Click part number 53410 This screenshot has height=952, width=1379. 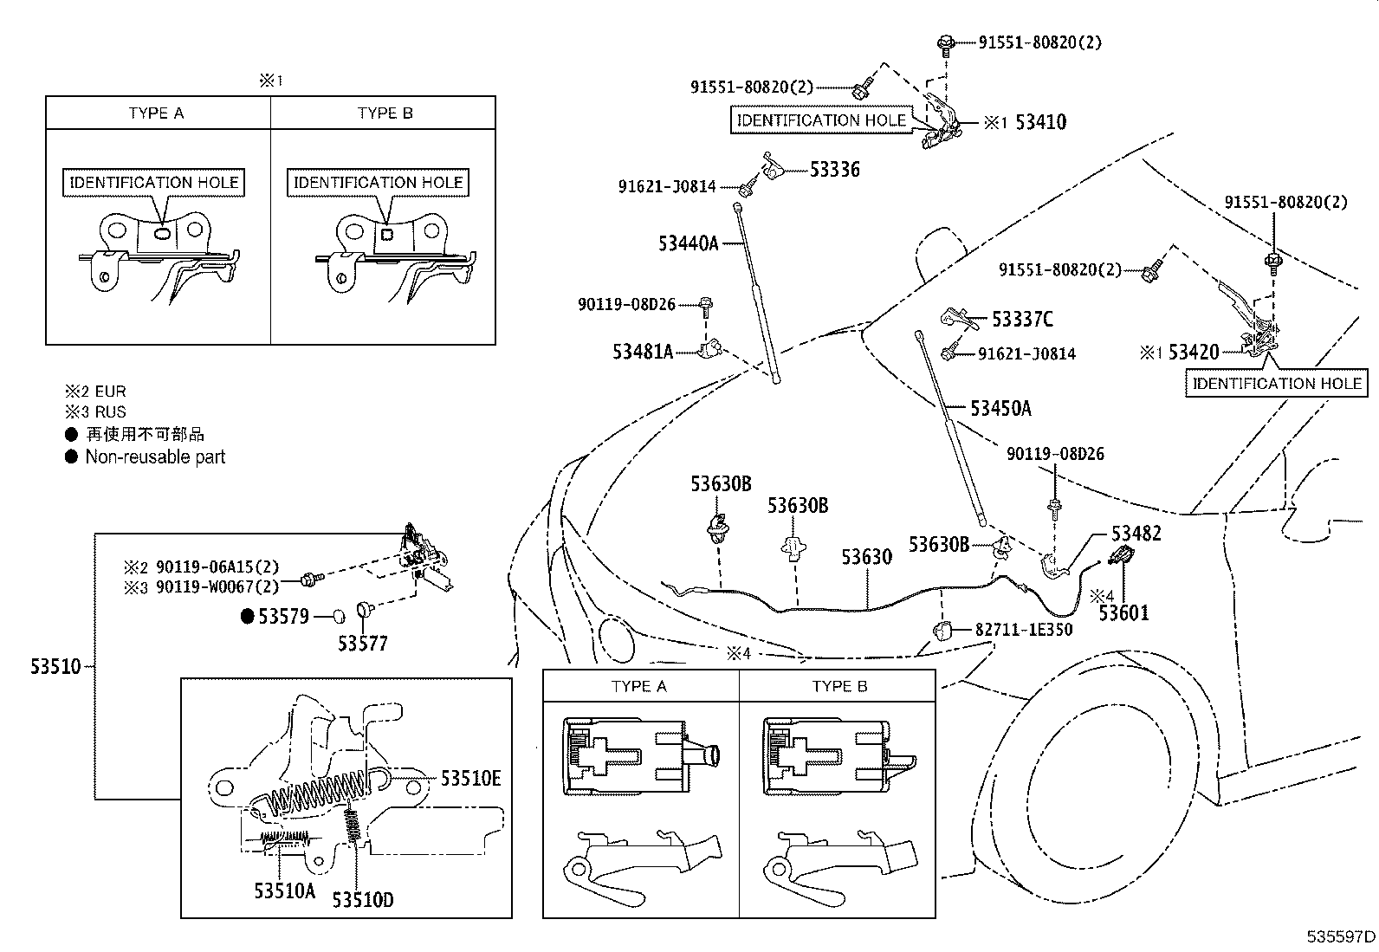click(1040, 122)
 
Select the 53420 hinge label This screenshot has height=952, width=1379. click(1194, 353)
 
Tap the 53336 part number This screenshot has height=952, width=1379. click(835, 170)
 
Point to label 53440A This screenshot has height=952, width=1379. click(689, 243)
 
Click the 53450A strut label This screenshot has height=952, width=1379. click(1000, 409)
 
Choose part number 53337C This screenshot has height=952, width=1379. click(1022, 320)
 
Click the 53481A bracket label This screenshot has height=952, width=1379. click(643, 352)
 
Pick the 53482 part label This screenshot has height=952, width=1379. click(1136, 534)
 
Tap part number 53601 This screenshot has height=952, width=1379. click(1123, 613)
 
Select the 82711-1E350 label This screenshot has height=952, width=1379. click(1024, 630)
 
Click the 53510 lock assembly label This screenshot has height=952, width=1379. click(55, 667)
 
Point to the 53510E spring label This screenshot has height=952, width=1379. click(470, 779)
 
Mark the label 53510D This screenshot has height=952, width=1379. click(362, 900)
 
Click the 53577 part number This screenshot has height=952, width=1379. click(363, 644)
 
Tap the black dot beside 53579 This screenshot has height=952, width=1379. click(246, 617)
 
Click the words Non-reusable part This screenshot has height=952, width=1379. click(155, 457)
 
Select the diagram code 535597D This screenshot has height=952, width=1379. click(1342, 936)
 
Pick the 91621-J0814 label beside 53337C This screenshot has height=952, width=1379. click(1026, 353)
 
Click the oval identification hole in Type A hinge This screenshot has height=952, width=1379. click(162, 233)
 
